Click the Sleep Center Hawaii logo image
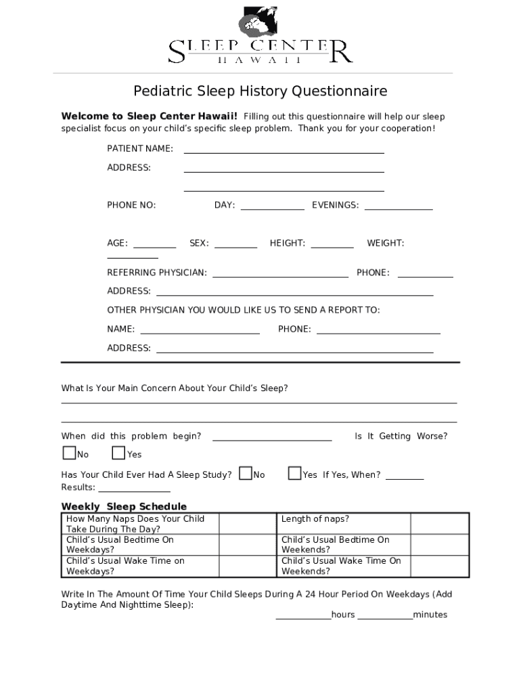[x=260, y=36]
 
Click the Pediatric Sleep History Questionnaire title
[x=260, y=91]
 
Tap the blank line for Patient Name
[x=284, y=150]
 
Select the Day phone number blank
[x=272, y=206]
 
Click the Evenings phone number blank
[x=398, y=206]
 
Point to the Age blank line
[x=154, y=244]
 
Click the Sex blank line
[x=235, y=244]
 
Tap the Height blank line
[x=332, y=244]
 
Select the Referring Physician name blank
[x=280, y=274]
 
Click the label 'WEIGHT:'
[x=385, y=243]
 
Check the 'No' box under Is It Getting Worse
[x=69, y=453]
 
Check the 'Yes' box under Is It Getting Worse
[x=119, y=453]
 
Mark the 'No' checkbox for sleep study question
[x=246, y=473]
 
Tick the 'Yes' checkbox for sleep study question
[x=294, y=473]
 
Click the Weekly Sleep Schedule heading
[x=124, y=506]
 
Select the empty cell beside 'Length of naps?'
[x=439, y=524]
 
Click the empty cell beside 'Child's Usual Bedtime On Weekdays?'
[x=248, y=545]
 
